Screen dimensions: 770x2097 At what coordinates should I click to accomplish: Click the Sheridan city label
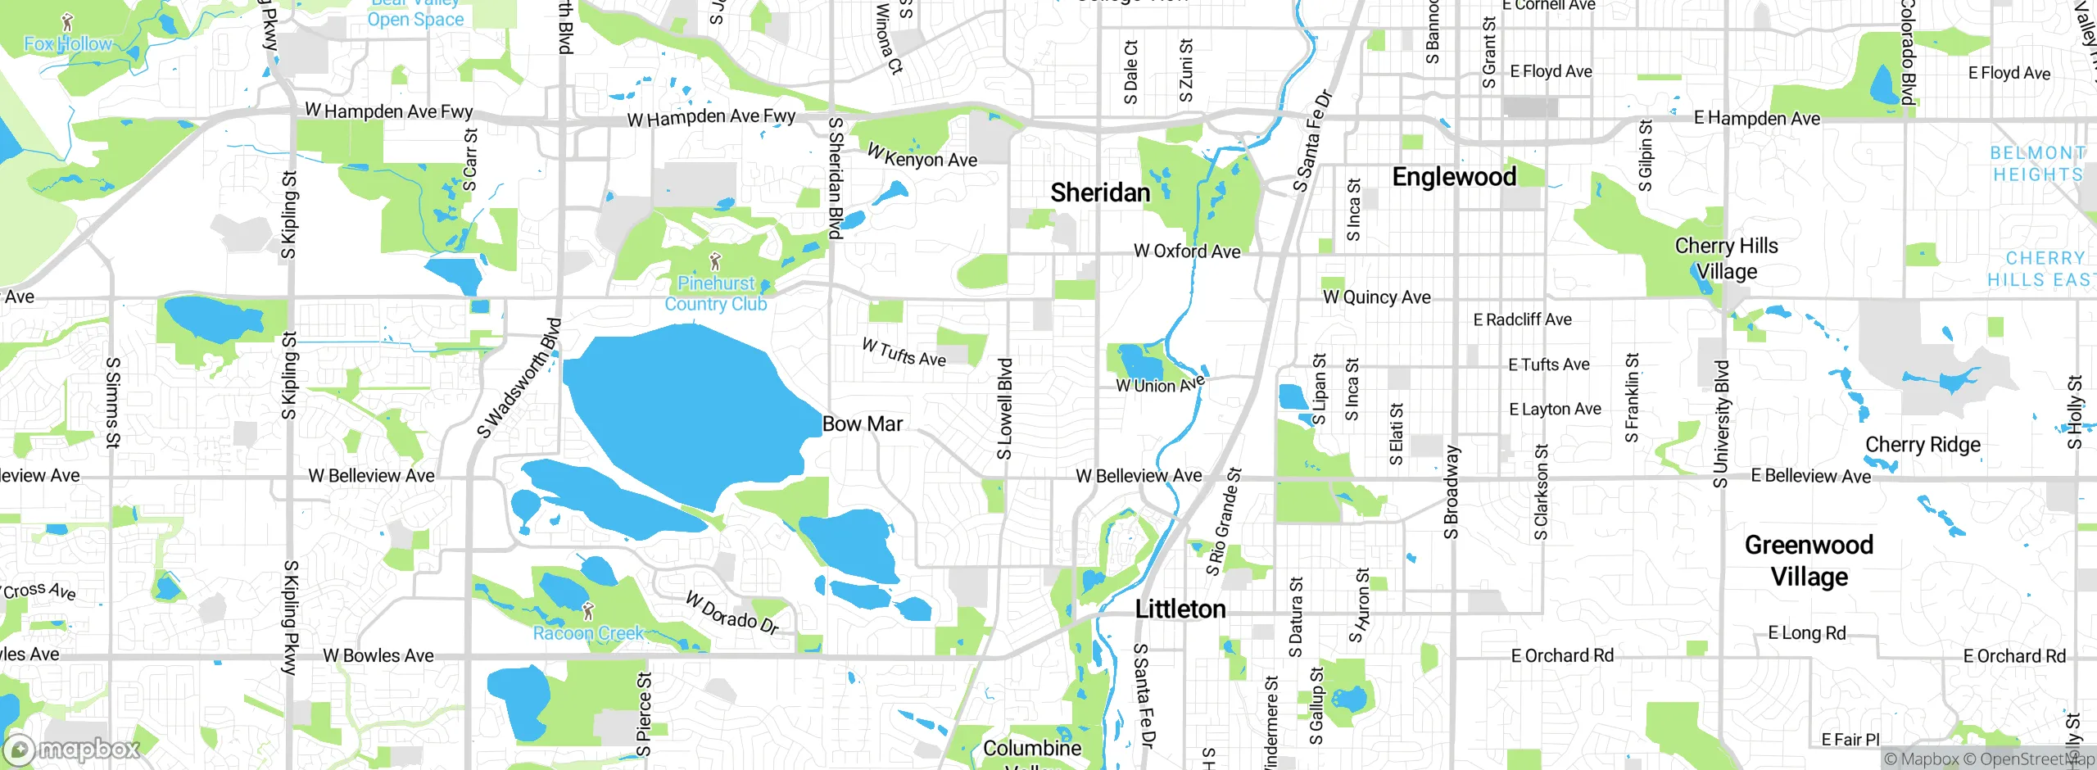(1100, 192)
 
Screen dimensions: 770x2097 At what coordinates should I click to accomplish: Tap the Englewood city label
(1454, 176)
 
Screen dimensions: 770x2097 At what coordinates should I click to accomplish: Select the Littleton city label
(1180, 609)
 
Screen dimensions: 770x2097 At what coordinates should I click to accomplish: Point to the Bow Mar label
(863, 423)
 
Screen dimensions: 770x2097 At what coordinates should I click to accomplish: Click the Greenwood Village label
(1809, 560)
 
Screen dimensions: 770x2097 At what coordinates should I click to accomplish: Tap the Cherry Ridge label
(1923, 444)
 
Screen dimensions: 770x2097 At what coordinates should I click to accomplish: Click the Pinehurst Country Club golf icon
(715, 261)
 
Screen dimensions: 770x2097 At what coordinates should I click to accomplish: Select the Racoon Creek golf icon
(587, 610)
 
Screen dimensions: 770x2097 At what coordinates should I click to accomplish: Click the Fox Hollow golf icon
(67, 22)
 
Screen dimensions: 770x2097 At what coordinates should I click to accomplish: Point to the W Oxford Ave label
(1187, 251)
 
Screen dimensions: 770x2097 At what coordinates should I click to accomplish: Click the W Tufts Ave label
(904, 352)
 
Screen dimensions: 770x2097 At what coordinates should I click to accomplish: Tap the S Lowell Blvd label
(1005, 408)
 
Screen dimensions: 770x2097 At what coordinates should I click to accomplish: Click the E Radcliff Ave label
(1522, 319)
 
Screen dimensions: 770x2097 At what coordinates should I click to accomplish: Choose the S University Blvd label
(1721, 423)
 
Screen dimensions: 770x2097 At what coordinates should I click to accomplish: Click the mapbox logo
(72, 749)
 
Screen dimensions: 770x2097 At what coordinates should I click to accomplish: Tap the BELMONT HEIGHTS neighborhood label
(2036, 164)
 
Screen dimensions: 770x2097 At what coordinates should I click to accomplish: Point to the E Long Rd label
(1806, 632)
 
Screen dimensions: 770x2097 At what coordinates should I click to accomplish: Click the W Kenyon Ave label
(922, 156)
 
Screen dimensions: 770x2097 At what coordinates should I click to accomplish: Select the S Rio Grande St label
(1224, 522)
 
